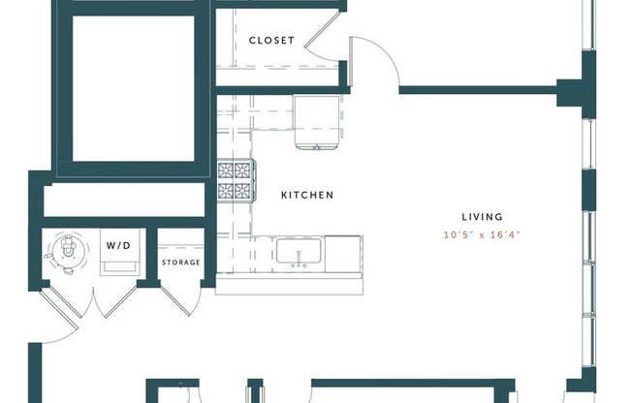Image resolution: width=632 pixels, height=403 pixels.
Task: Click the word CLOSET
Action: coord(271,41)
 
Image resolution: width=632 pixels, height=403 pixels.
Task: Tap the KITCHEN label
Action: coord(306,196)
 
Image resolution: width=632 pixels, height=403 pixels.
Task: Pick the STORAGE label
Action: coord(181,263)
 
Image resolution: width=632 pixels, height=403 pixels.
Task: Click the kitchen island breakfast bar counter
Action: coord(290,286)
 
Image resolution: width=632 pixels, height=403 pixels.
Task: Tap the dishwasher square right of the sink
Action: coord(343,253)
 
